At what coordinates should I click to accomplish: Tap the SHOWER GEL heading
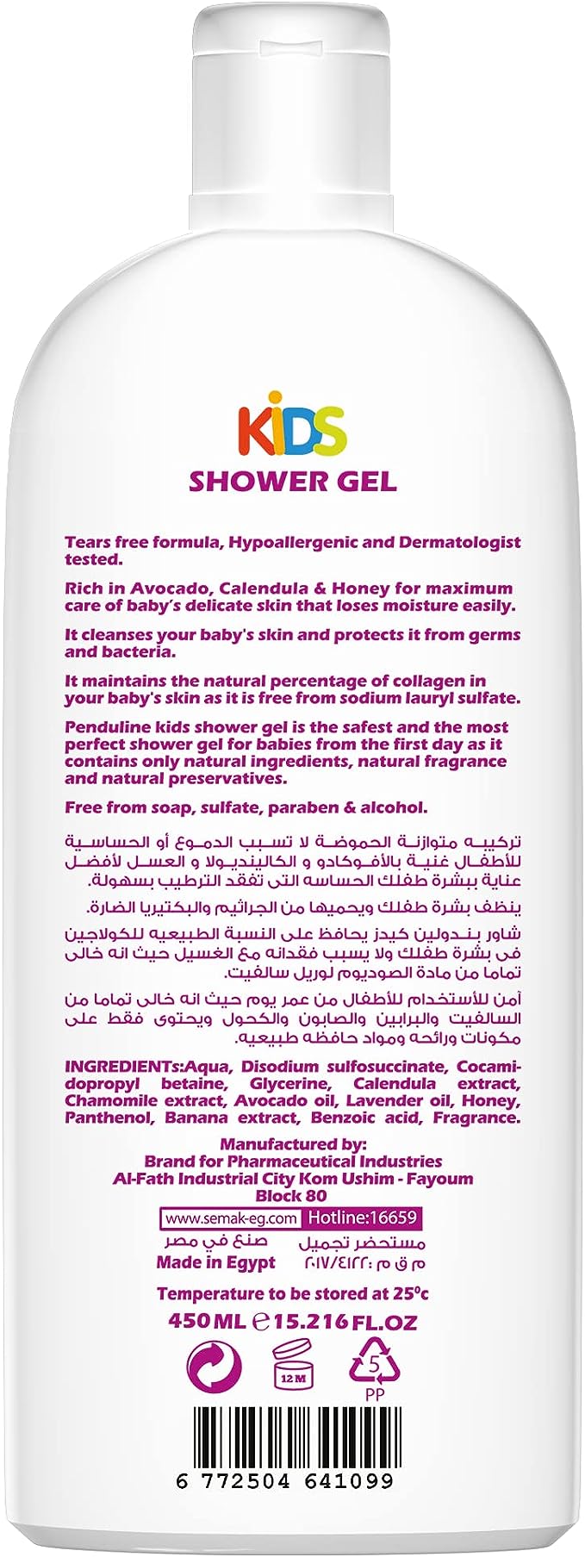pos(292,480)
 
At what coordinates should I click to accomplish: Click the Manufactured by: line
pos(293,1144)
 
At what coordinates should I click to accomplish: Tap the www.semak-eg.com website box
pos(231,1218)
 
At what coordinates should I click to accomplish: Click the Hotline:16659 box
pos(363,1218)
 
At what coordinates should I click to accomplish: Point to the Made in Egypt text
pos(215,1262)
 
